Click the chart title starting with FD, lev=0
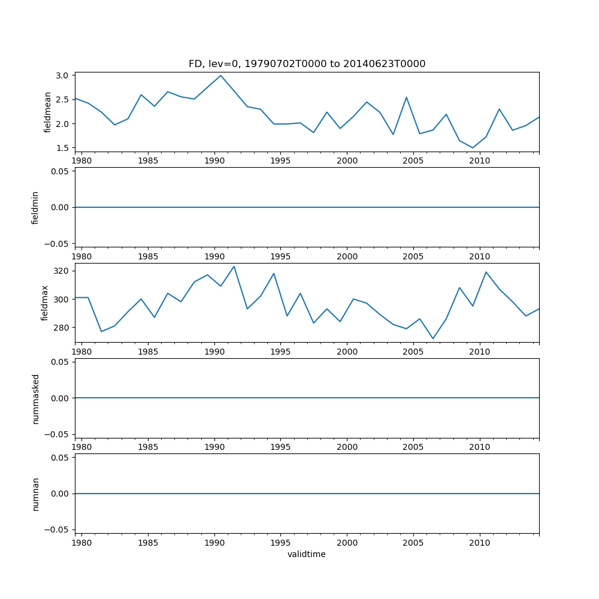307,64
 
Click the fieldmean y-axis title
48,112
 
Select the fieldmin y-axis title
35,207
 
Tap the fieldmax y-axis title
44,303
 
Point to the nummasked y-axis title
35,398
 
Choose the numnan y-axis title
35,494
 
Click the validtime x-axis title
307,555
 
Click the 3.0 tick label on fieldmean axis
63,75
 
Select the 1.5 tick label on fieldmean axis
63,148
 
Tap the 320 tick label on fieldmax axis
60,271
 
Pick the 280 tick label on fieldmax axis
60,328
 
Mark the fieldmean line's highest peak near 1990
220,75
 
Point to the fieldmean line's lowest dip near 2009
473,147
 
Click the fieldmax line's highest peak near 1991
234,267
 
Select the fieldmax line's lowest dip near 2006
433,338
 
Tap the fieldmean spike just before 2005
406,97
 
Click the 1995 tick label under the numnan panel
280,543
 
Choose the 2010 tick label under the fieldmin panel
480,256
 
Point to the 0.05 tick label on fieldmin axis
60,171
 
